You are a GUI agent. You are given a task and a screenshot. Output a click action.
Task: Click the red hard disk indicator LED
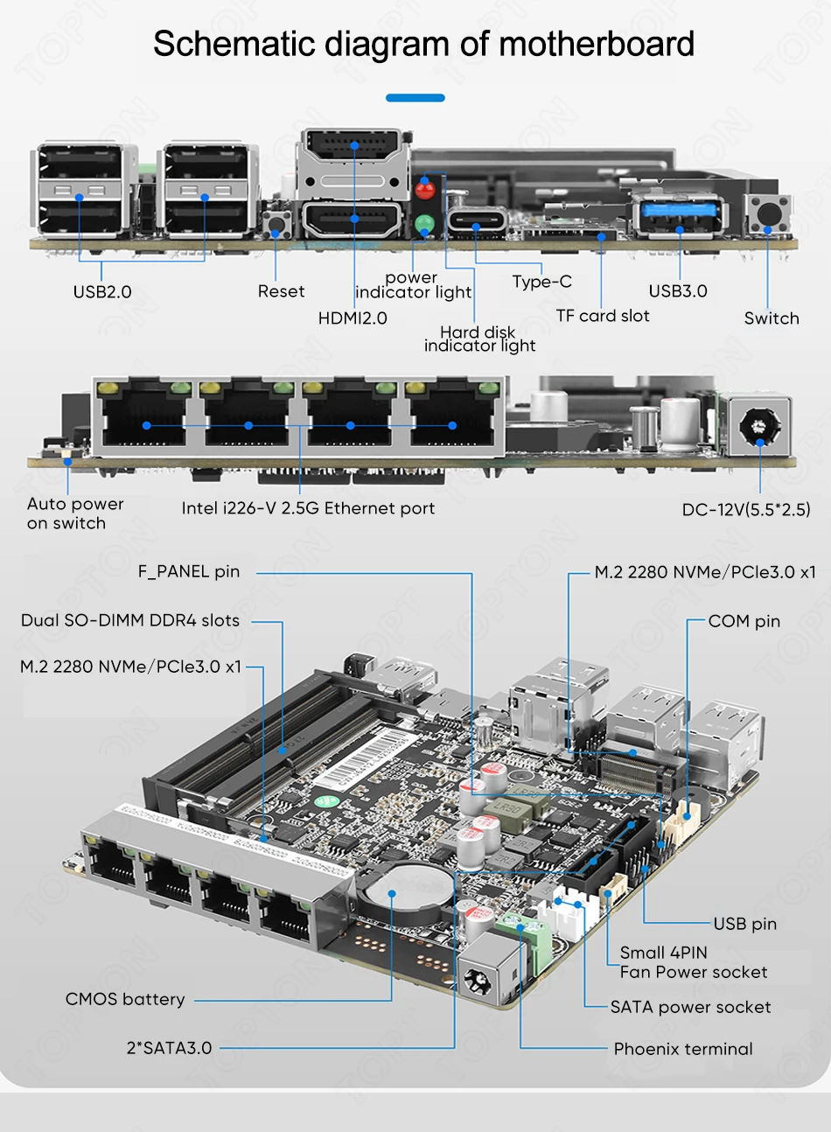pyautogui.click(x=425, y=191)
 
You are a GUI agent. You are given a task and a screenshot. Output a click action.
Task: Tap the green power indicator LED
pyautogui.click(x=424, y=222)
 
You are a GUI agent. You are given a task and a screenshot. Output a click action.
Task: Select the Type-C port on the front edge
pyautogui.click(x=477, y=220)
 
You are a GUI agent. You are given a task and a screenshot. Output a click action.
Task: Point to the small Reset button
pyautogui.click(x=276, y=224)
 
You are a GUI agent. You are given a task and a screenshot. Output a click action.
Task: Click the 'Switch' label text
pyautogui.click(x=772, y=318)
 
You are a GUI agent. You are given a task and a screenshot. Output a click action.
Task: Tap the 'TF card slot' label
pyautogui.click(x=602, y=316)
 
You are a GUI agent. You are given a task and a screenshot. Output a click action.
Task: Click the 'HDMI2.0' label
pyautogui.click(x=353, y=318)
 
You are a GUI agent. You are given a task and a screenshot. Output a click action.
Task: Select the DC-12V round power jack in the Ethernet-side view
pyautogui.click(x=758, y=427)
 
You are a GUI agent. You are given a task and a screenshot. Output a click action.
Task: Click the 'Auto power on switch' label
pyautogui.click(x=75, y=514)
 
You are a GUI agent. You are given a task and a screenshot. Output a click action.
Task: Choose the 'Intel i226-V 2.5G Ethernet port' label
pyautogui.click(x=308, y=508)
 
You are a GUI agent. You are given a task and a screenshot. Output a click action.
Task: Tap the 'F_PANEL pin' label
pyautogui.click(x=189, y=571)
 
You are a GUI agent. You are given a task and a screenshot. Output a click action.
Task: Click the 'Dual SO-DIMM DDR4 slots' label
pyautogui.click(x=130, y=620)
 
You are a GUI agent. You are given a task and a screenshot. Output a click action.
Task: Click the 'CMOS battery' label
pyautogui.click(x=125, y=999)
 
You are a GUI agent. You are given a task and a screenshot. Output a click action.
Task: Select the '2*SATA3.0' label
pyautogui.click(x=169, y=1048)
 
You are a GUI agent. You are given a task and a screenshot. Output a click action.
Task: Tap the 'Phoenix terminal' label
pyautogui.click(x=683, y=1049)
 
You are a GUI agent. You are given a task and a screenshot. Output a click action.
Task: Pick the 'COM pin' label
pyautogui.click(x=744, y=621)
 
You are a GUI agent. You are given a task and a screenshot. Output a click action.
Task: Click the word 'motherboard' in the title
pyautogui.click(x=597, y=44)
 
